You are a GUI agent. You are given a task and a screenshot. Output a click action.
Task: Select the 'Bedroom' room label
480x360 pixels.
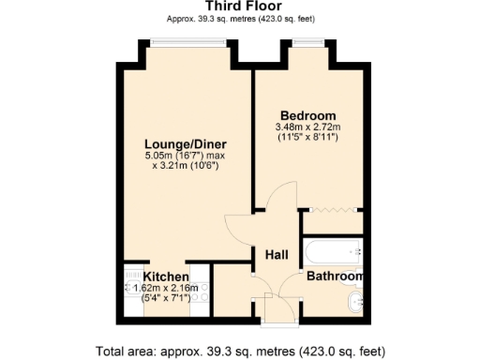307,115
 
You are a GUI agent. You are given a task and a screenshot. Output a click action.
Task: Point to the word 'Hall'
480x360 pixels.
276,255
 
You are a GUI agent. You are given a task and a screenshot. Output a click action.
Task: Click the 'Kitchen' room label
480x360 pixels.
166,277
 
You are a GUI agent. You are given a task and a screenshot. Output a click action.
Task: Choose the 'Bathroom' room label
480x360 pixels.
335,277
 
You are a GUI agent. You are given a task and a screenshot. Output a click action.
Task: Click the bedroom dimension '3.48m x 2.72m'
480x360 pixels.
307,127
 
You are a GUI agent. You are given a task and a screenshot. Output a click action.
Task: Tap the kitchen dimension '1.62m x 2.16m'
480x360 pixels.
166,289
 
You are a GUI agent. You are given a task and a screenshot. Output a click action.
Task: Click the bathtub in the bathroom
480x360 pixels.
332,250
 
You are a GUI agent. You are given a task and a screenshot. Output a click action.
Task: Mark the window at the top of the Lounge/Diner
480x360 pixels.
187,40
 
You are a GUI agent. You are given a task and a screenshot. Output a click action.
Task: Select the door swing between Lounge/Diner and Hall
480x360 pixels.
239,225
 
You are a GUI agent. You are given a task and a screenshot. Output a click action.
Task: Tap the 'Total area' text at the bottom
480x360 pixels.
239,351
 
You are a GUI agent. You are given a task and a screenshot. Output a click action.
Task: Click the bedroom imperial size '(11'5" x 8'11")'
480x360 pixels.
307,139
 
